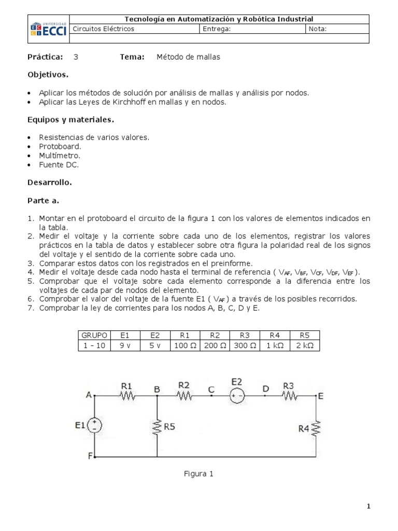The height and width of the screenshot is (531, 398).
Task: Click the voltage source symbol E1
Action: pos(94,426)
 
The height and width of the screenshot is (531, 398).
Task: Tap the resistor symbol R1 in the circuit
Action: pos(127,396)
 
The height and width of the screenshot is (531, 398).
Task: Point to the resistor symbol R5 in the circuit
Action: pos(158,427)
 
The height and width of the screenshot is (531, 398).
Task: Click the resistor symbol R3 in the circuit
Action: pos(289,396)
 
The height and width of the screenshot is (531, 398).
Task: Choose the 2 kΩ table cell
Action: pos(305,345)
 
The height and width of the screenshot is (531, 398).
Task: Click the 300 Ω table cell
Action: pos(245,345)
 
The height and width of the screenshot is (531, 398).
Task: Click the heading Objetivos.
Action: pos(48,75)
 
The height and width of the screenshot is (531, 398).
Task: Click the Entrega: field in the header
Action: pos(217,29)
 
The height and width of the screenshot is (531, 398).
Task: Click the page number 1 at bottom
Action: pos(368,507)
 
